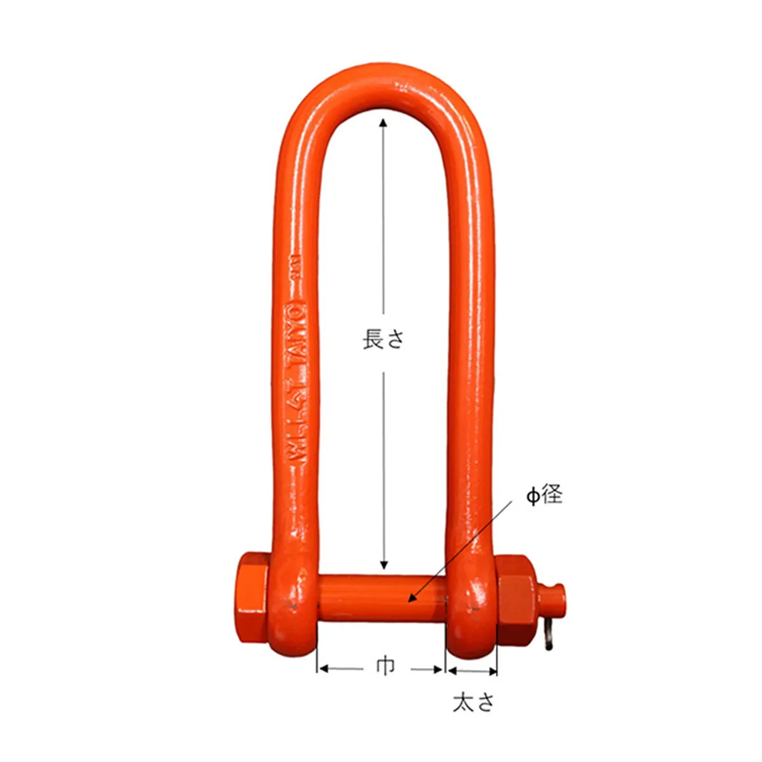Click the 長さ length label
[383, 339]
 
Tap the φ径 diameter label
[544, 495]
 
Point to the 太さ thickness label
[473, 702]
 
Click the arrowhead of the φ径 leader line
[411, 598]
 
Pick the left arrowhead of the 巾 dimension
[321, 669]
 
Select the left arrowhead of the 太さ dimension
[451, 671]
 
